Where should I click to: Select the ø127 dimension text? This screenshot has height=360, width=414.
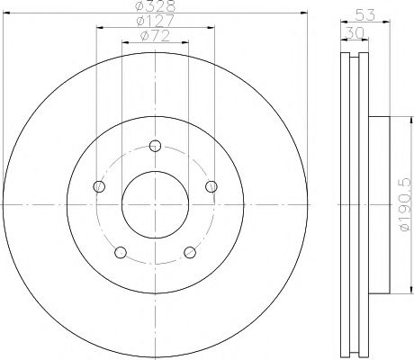point(155,22)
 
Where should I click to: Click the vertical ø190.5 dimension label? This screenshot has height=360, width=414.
point(402,206)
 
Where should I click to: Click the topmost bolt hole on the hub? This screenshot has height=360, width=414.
point(155,146)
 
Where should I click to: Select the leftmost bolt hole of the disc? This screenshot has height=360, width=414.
point(99,186)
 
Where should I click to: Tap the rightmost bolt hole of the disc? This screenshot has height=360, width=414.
point(211,186)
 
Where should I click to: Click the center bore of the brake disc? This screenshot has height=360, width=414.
point(155,205)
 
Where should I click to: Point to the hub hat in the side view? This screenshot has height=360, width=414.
point(379,206)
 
